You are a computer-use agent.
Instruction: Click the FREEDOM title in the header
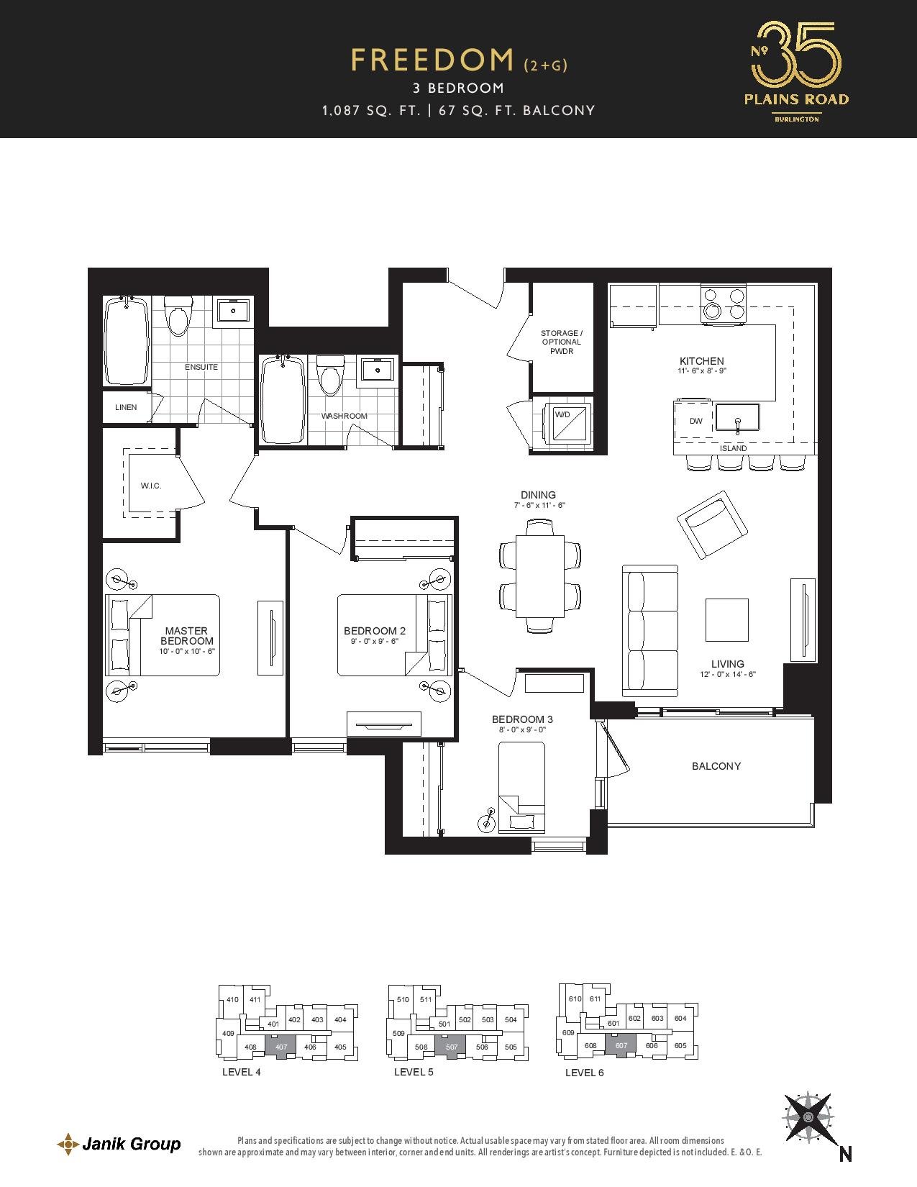tap(432, 60)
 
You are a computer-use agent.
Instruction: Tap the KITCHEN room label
tap(702, 361)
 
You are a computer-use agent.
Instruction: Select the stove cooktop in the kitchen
tap(724, 304)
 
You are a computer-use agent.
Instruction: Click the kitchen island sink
tap(737, 421)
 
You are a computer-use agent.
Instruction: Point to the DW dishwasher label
tap(695, 421)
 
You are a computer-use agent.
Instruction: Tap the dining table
tap(540, 576)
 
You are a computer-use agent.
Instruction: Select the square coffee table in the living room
tap(727, 620)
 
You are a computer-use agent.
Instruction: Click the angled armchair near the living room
tap(712, 524)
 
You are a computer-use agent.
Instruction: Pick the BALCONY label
tap(716, 766)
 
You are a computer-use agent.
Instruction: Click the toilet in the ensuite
tap(178, 316)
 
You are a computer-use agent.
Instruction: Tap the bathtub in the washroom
tap(283, 399)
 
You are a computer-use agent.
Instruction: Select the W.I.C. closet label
tap(151, 486)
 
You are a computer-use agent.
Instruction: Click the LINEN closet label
tap(126, 407)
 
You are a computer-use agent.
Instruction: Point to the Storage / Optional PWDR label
tap(562, 342)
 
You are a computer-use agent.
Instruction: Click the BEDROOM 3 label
tap(522, 719)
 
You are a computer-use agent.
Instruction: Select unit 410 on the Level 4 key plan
tap(232, 1000)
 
